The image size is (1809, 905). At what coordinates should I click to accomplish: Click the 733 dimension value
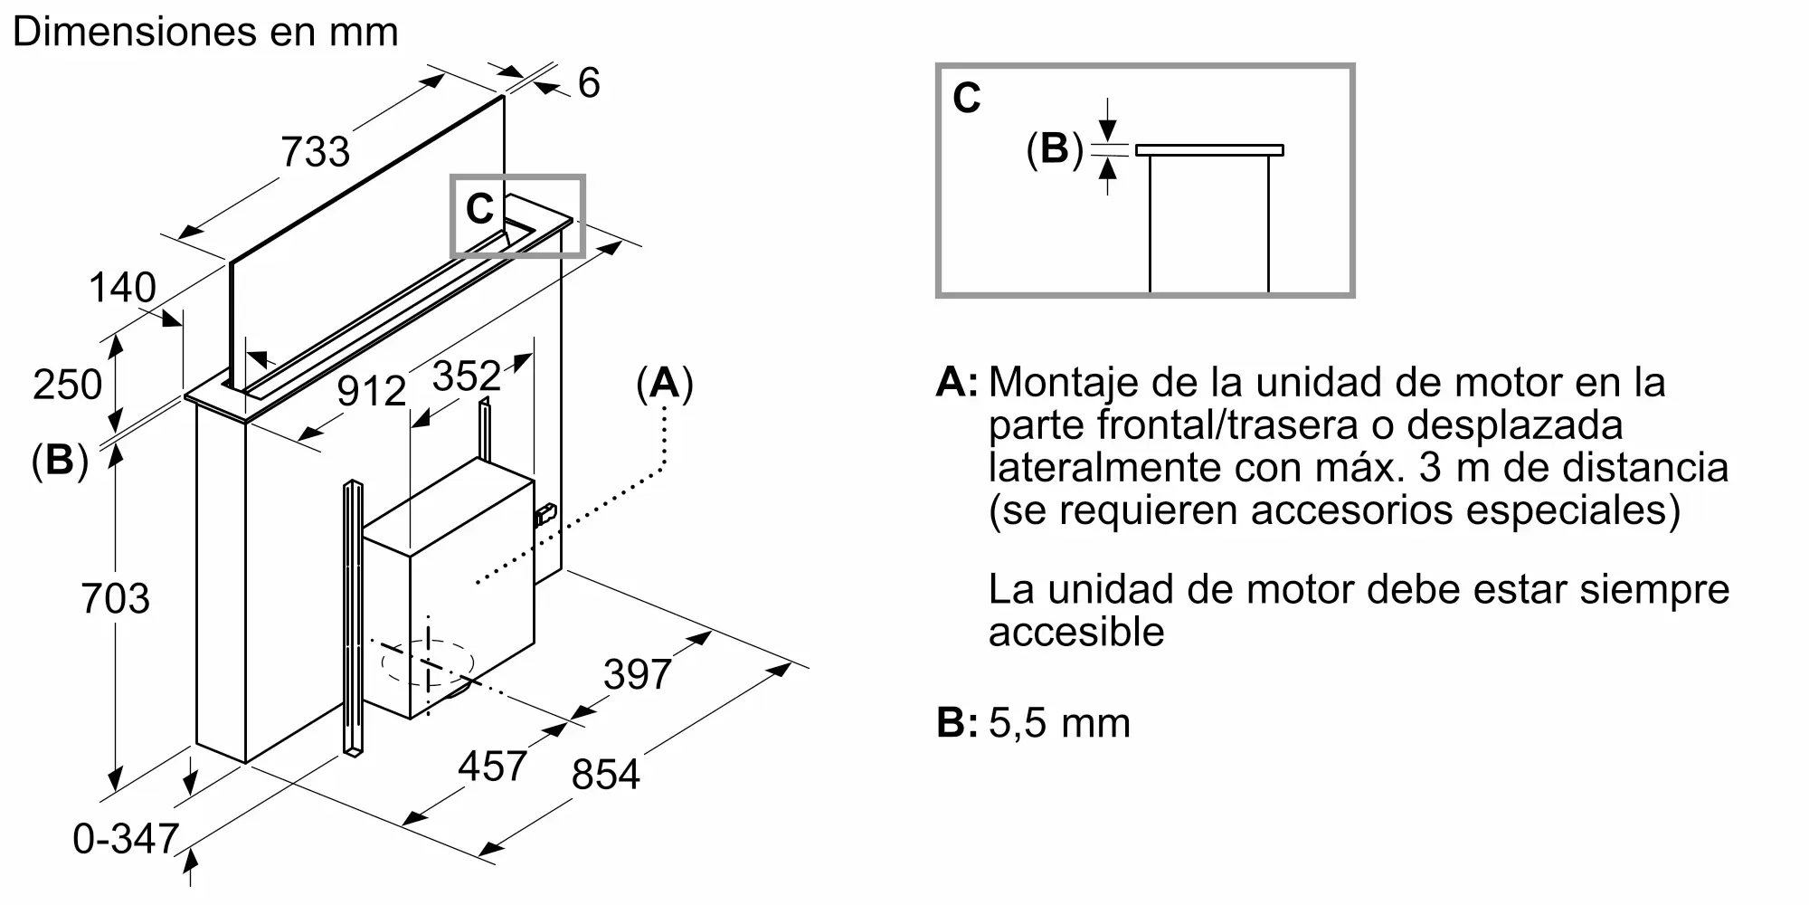click(x=315, y=151)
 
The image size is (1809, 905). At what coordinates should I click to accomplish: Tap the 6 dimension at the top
click(x=589, y=83)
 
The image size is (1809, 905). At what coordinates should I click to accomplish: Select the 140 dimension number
click(x=122, y=288)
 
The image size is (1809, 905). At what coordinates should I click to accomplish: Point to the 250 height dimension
click(x=67, y=385)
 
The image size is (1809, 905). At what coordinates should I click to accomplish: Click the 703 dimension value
click(x=115, y=599)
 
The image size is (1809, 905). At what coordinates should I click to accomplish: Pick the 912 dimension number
click(x=371, y=391)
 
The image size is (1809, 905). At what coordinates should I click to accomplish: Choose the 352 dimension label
click(x=467, y=376)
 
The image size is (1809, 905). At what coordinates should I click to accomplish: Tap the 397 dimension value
click(x=638, y=674)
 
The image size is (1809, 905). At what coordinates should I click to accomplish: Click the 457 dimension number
click(x=492, y=767)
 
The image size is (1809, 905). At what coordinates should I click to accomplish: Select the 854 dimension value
click(x=606, y=776)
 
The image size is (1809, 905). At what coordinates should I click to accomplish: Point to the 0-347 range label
click(x=126, y=839)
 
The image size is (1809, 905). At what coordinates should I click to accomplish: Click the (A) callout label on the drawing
click(x=665, y=384)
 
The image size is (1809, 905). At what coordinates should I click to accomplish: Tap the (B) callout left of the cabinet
click(x=60, y=461)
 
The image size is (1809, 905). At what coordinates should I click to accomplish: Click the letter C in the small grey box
click(x=479, y=209)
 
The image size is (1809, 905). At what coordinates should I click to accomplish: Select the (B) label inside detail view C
click(x=1055, y=148)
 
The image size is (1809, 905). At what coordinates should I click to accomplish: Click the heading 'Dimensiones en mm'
click(x=205, y=32)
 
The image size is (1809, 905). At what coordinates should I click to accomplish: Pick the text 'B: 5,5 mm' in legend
click(x=1034, y=723)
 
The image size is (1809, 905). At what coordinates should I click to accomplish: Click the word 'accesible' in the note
click(x=1076, y=632)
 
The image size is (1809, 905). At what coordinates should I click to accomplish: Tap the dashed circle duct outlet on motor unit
click(x=428, y=662)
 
